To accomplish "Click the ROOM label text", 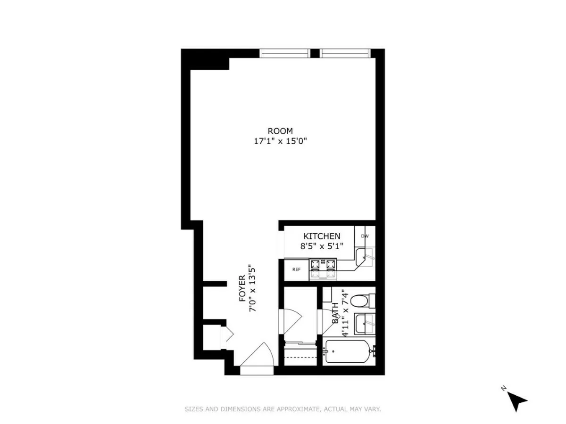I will coord(280,131).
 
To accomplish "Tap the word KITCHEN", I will coord(322,236).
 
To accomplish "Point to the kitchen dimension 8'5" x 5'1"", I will coord(322,245).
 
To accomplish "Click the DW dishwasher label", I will coord(365,236).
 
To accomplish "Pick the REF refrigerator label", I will coord(296,269).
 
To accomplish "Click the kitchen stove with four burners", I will coord(323,269).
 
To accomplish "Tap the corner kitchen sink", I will coord(364,258).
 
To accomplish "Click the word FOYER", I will coord(242,288).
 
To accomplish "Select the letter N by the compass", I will coord(504,388).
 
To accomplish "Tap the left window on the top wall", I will coord(286,53).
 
